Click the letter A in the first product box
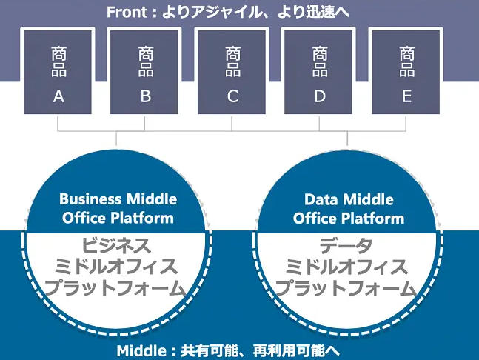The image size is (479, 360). (58, 96)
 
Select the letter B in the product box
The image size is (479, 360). (146, 96)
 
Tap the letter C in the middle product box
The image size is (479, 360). (232, 96)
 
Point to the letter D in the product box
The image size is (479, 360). (320, 96)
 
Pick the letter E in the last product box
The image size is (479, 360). (406, 96)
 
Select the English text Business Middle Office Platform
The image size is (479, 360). (118, 208)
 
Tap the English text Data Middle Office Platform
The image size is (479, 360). (349, 208)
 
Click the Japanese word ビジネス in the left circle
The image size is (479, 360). (118, 245)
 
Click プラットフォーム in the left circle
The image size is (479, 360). (118, 287)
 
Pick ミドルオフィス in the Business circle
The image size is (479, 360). (118, 266)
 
